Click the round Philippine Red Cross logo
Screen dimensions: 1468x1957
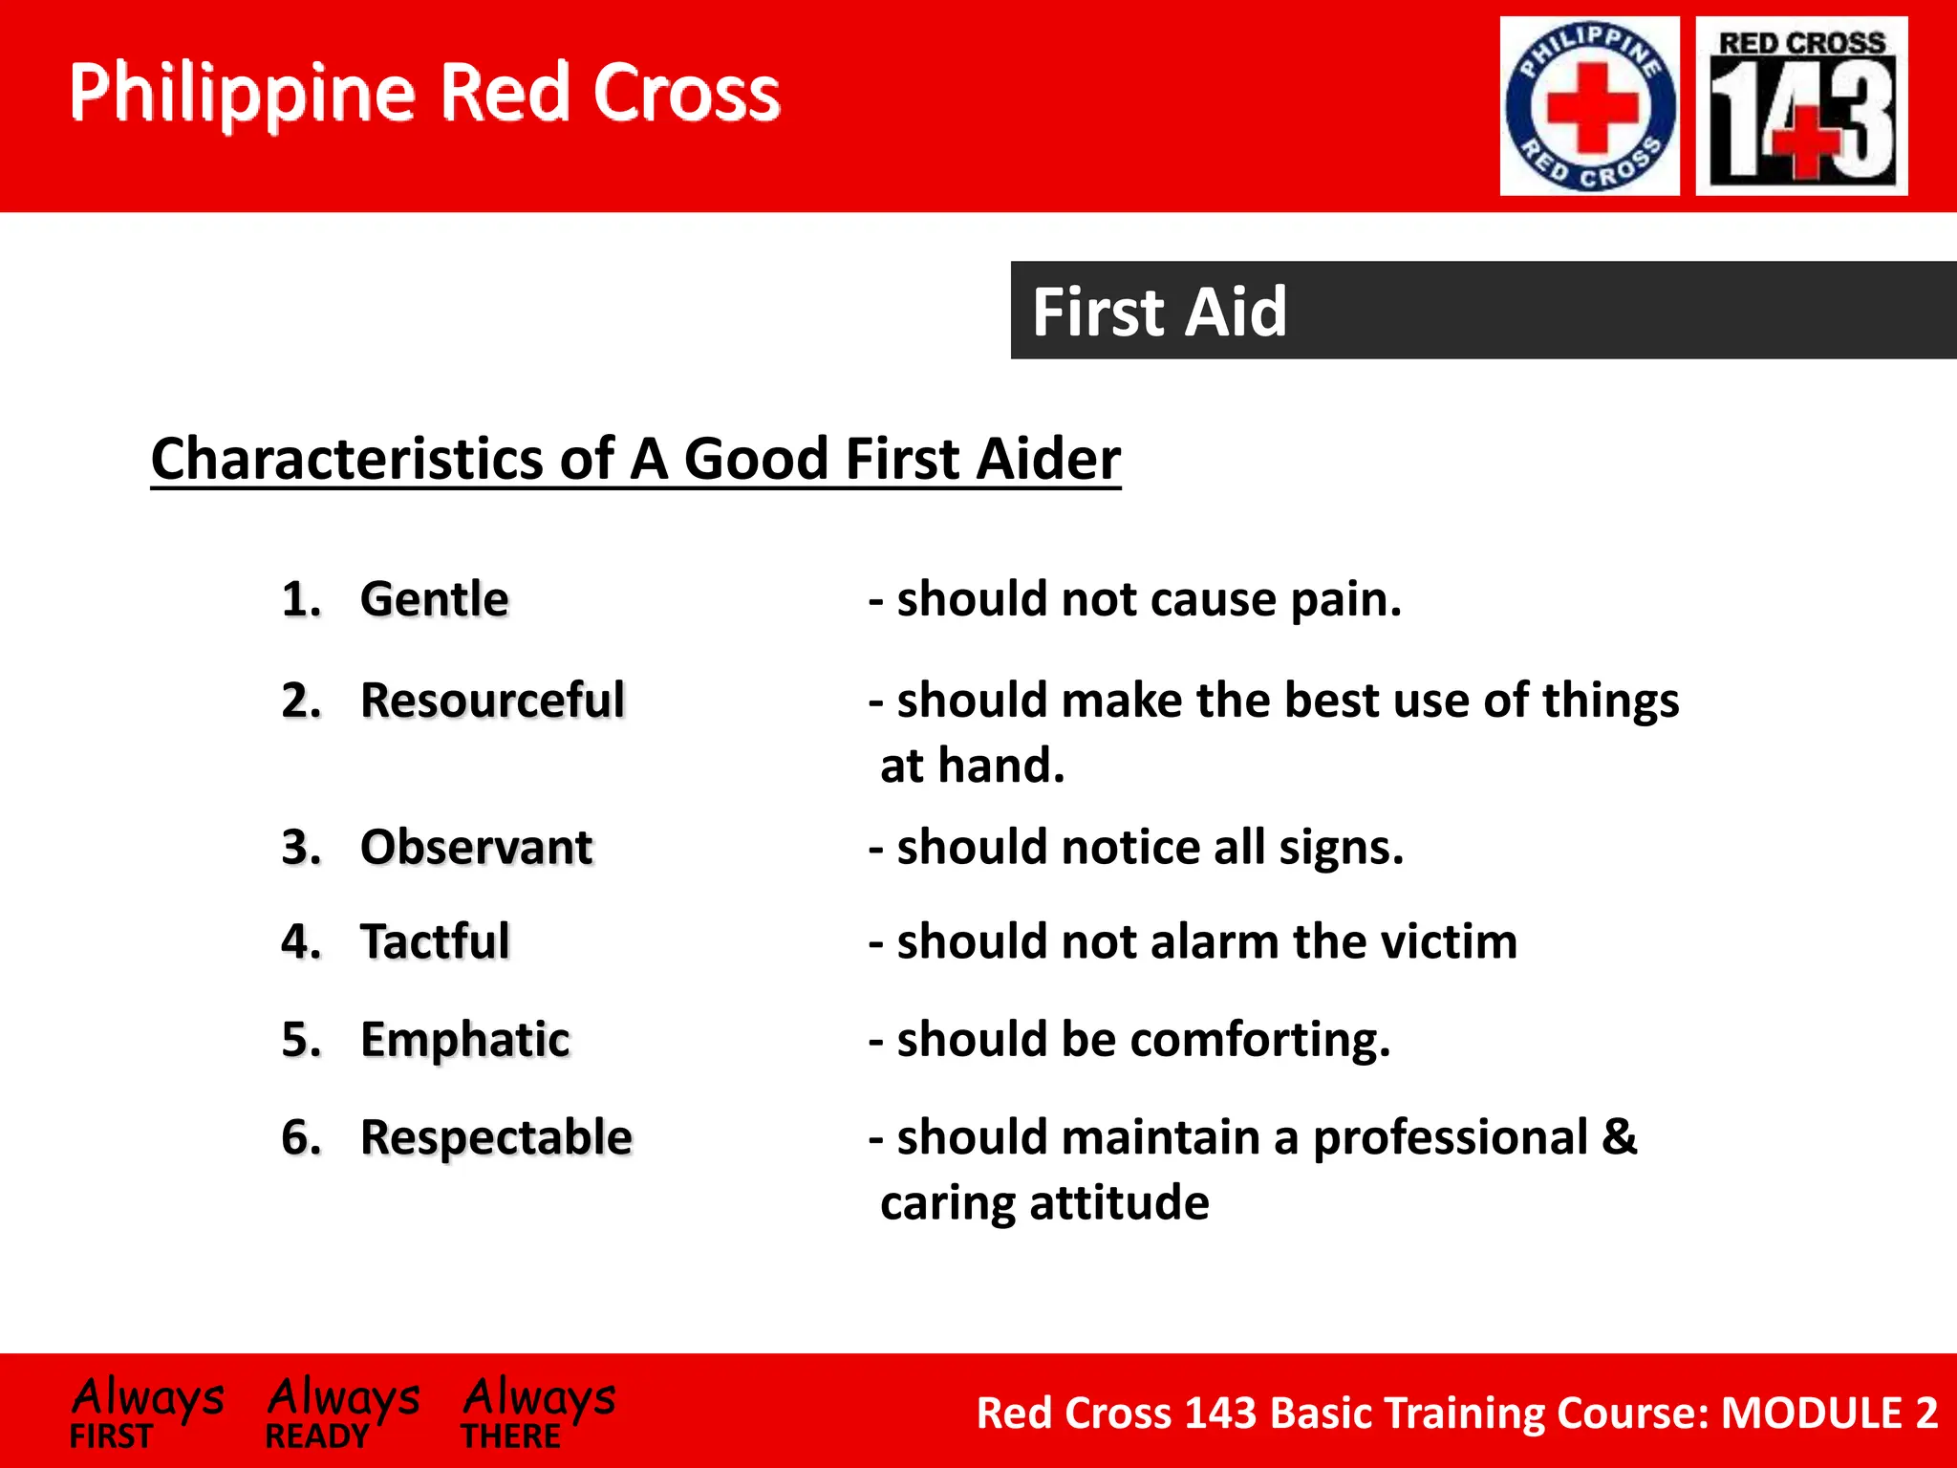pos(1589,106)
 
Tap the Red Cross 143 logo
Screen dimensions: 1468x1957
pos(1801,106)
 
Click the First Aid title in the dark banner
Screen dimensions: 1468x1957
pos(1159,313)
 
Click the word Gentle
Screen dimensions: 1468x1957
pos(434,600)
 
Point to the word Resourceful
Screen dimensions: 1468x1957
pos(492,701)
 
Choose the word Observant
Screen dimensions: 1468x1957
pos(476,848)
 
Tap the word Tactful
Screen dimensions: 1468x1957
pos(435,941)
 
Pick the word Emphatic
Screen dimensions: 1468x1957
pos(464,1040)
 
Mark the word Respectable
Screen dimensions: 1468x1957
pos(496,1137)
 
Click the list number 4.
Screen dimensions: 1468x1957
pos(300,941)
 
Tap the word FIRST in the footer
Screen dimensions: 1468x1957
pos(111,1436)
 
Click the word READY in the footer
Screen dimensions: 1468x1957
pos(317,1436)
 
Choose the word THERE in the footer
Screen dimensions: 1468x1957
pos(511,1436)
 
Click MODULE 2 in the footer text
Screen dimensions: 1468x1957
pos(1829,1413)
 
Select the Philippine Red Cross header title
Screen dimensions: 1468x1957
pos(424,93)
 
